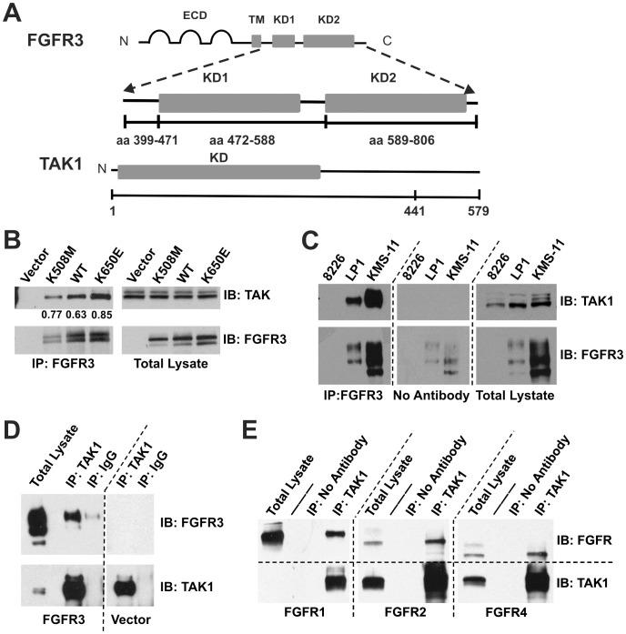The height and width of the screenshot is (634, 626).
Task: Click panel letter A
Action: tap(19, 14)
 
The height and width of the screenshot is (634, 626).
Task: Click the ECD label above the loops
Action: tap(191, 16)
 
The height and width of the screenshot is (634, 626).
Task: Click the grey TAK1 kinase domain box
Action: tap(218, 171)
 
